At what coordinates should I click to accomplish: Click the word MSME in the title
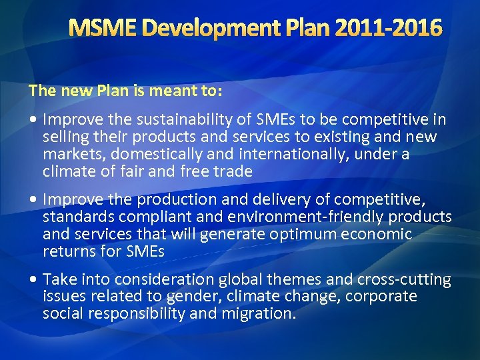coord(103,28)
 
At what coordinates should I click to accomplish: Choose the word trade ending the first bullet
coord(233,172)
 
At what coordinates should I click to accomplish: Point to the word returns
coord(65,252)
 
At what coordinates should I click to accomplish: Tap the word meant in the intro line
coord(131,90)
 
